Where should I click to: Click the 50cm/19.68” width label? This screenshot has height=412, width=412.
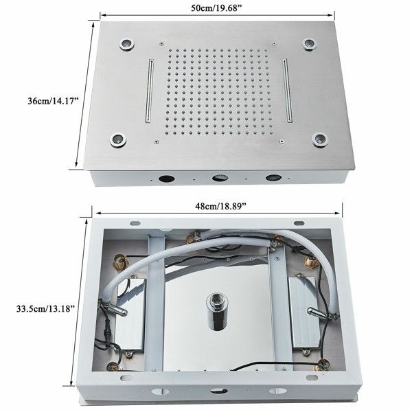point(216,8)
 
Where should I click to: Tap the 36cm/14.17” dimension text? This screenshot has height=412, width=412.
point(54,101)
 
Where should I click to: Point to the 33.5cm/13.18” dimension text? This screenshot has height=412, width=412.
point(47,308)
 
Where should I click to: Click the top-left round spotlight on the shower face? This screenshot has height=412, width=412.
point(127,44)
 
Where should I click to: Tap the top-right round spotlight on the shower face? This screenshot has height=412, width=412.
point(309,43)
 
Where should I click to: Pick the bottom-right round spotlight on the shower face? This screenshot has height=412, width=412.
point(320,139)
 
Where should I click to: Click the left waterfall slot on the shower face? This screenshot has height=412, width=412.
point(149,91)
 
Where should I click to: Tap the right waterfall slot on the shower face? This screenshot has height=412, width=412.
point(288,90)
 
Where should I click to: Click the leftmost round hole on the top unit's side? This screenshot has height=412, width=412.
point(167,179)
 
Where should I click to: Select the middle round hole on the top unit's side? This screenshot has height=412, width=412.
point(220,178)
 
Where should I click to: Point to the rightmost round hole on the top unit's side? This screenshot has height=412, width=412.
point(273,177)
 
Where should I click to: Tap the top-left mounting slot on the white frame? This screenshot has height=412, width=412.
point(135,223)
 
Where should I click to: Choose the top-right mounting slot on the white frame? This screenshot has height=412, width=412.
point(299,223)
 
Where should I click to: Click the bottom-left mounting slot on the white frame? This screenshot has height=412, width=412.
point(126,378)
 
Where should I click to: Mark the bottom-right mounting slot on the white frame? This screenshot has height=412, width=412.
point(312,378)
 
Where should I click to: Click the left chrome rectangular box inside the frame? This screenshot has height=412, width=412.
point(130,314)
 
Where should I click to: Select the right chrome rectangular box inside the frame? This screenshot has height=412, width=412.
point(305,312)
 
